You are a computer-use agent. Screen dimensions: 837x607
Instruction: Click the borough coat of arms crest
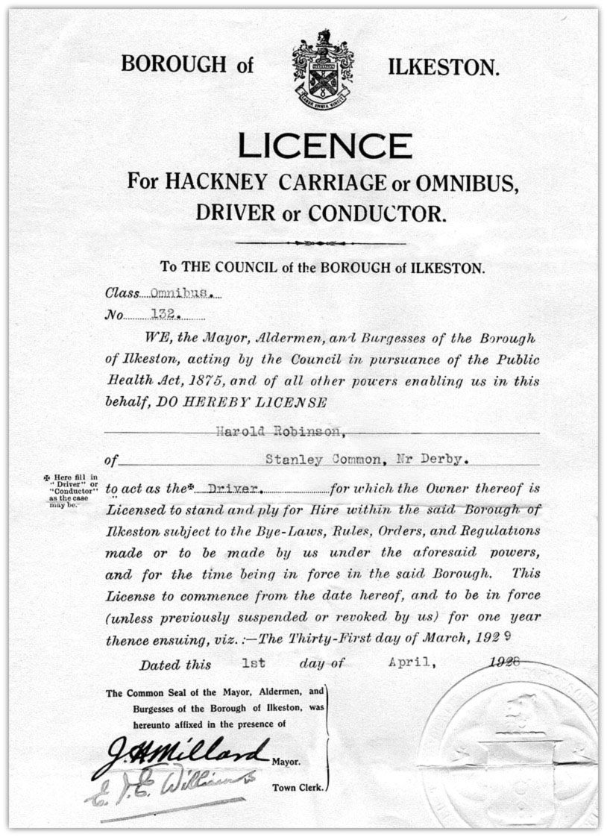tap(321, 69)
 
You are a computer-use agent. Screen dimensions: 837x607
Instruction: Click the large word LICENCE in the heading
tap(324, 145)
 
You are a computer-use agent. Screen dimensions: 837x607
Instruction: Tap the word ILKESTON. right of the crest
tap(444, 69)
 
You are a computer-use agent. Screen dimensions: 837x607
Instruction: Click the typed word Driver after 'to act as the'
tap(233, 489)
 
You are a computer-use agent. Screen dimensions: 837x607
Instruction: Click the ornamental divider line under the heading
tap(321, 242)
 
